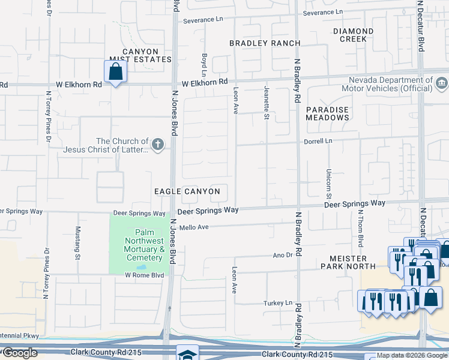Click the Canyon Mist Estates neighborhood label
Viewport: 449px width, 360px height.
click(x=139, y=56)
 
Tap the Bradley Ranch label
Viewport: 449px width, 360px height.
click(x=256, y=43)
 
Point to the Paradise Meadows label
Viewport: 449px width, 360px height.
click(x=328, y=114)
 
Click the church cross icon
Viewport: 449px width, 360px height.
click(x=158, y=144)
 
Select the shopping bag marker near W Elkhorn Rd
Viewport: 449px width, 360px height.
click(x=115, y=72)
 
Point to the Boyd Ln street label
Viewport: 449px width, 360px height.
click(x=204, y=64)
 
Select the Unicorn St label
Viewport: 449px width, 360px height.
click(x=329, y=184)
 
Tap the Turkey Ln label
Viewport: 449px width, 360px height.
click(x=278, y=304)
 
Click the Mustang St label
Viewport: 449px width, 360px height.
click(x=77, y=243)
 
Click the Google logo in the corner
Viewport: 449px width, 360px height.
click(x=20, y=353)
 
